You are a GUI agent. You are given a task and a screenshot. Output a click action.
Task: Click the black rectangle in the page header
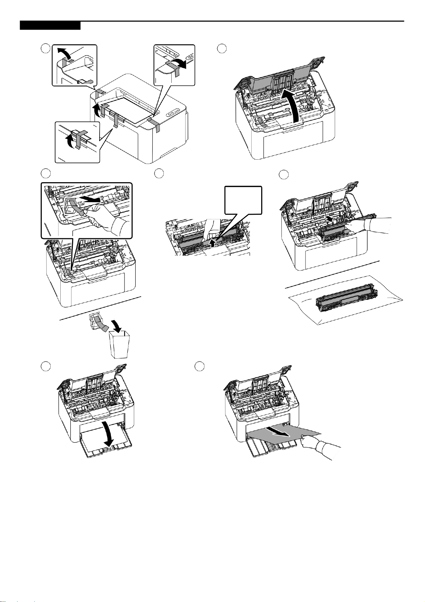pos(50,26)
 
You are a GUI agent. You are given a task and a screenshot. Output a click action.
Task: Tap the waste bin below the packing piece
pos(118,345)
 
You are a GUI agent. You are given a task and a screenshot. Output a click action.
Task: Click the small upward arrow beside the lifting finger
pos(213,244)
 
